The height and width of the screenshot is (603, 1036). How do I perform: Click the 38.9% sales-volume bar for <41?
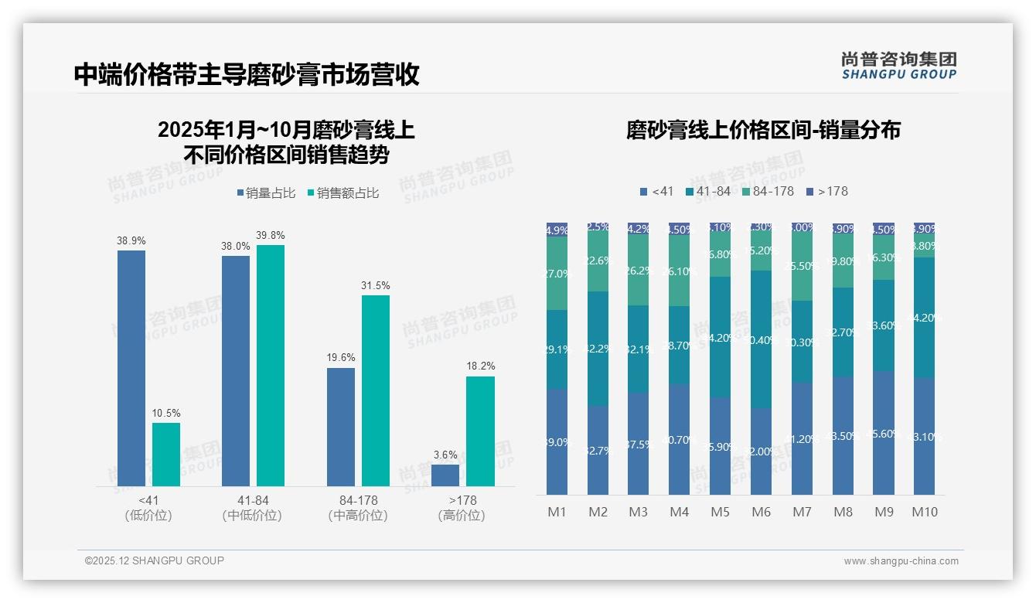point(131,368)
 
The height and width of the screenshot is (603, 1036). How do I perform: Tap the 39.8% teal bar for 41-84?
point(271,366)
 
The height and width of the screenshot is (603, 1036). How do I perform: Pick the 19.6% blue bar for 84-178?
point(341,427)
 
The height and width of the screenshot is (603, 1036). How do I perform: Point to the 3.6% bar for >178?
point(445,475)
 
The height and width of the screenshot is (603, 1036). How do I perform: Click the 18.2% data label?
point(480,366)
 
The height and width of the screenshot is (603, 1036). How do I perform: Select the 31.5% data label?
point(376,285)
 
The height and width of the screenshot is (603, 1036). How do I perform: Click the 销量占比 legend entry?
point(266,193)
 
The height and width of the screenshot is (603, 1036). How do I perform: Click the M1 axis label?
point(557,512)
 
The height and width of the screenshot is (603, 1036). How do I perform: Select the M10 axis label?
point(925,512)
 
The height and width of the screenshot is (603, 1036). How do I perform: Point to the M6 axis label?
point(761,512)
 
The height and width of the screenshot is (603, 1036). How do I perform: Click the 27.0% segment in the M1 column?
point(557,273)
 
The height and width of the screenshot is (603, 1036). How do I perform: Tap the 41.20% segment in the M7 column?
point(802,438)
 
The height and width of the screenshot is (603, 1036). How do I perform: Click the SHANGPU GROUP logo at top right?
point(898,66)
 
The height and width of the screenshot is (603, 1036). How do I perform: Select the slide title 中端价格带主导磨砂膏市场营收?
point(247,74)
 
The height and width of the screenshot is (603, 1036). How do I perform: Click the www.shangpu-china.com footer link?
point(901,561)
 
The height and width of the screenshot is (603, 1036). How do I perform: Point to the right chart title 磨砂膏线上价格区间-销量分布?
point(763,130)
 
